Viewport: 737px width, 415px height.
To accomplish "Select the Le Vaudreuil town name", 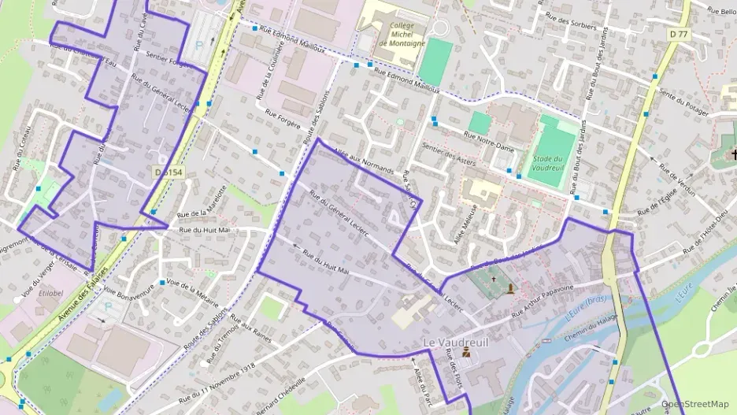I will tap(456, 343).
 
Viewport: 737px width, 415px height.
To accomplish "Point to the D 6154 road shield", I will tap(169, 172).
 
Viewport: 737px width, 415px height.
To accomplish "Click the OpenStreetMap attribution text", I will tap(695, 404).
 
